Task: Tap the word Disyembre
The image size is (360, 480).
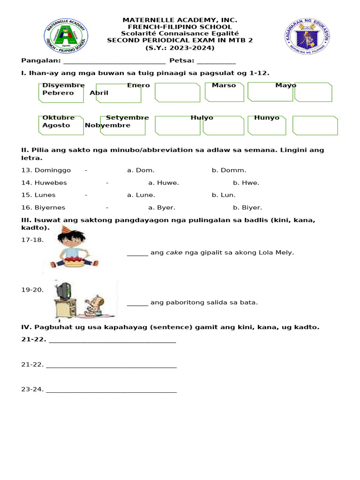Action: click(63, 85)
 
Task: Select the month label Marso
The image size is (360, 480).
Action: click(224, 85)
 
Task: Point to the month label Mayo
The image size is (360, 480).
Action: click(285, 85)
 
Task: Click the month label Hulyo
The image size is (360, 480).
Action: click(202, 118)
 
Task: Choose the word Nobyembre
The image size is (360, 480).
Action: click(107, 125)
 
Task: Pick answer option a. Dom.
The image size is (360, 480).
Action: click(141, 170)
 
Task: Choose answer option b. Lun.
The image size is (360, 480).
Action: click(224, 195)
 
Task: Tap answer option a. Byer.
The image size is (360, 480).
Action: click(162, 207)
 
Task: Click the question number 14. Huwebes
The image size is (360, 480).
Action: click(44, 183)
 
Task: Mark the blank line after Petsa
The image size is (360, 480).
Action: click(216, 61)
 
